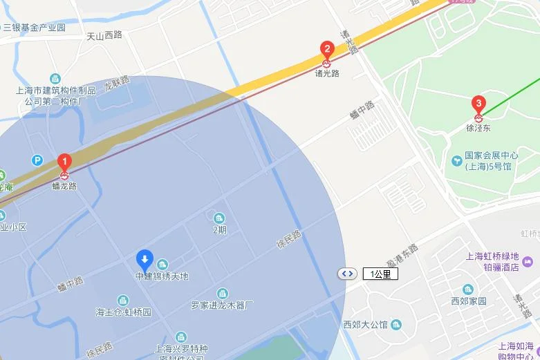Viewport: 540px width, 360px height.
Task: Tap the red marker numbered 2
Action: tap(327, 50)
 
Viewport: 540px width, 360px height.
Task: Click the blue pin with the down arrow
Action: tap(145, 260)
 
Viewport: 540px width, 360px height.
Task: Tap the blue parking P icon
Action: tap(37, 160)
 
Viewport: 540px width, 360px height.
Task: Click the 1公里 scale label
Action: tap(380, 274)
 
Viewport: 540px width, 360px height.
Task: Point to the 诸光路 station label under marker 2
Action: tap(327, 73)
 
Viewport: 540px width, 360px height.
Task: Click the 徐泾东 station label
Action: tap(478, 128)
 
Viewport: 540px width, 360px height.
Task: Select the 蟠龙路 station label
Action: tap(64, 185)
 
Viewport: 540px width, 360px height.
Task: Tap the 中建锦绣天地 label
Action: tap(161, 276)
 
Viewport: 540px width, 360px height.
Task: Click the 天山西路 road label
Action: tap(104, 35)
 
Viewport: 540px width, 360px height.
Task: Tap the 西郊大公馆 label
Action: tap(366, 324)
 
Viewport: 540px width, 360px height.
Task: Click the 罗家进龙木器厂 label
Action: tap(223, 305)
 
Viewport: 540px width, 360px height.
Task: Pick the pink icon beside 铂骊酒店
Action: tap(528, 262)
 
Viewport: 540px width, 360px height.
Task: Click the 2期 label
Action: tap(219, 230)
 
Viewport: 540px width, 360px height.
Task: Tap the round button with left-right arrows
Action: tap(347, 274)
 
